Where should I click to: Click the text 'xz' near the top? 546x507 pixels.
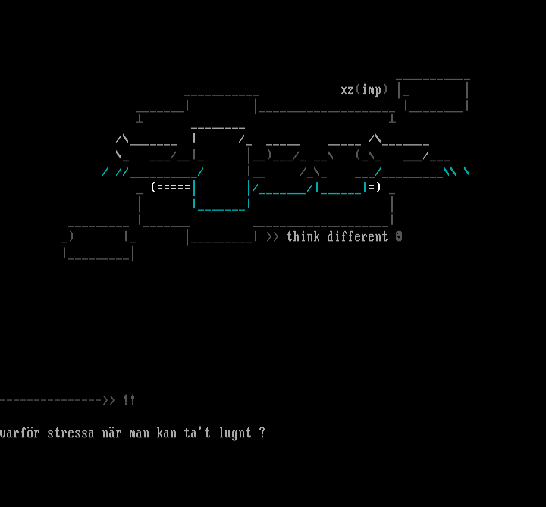click(x=347, y=90)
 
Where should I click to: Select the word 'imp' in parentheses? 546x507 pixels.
click(x=372, y=90)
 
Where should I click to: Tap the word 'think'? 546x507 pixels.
click(x=303, y=236)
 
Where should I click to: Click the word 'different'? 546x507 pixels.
click(x=358, y=236)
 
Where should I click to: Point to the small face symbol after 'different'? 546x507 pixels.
click(x=399, y=236)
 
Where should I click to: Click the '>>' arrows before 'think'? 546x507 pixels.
click(x=272, y=236)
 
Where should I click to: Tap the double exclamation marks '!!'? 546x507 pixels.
click(x=129, y=400)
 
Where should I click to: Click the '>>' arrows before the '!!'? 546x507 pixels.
click(x=108, y=400)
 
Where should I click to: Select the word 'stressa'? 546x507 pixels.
click(x=71, y=433)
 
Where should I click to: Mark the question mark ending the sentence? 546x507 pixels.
click(x=262, y=433)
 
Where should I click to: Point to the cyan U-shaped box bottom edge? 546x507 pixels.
click(x=221, y=207)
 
